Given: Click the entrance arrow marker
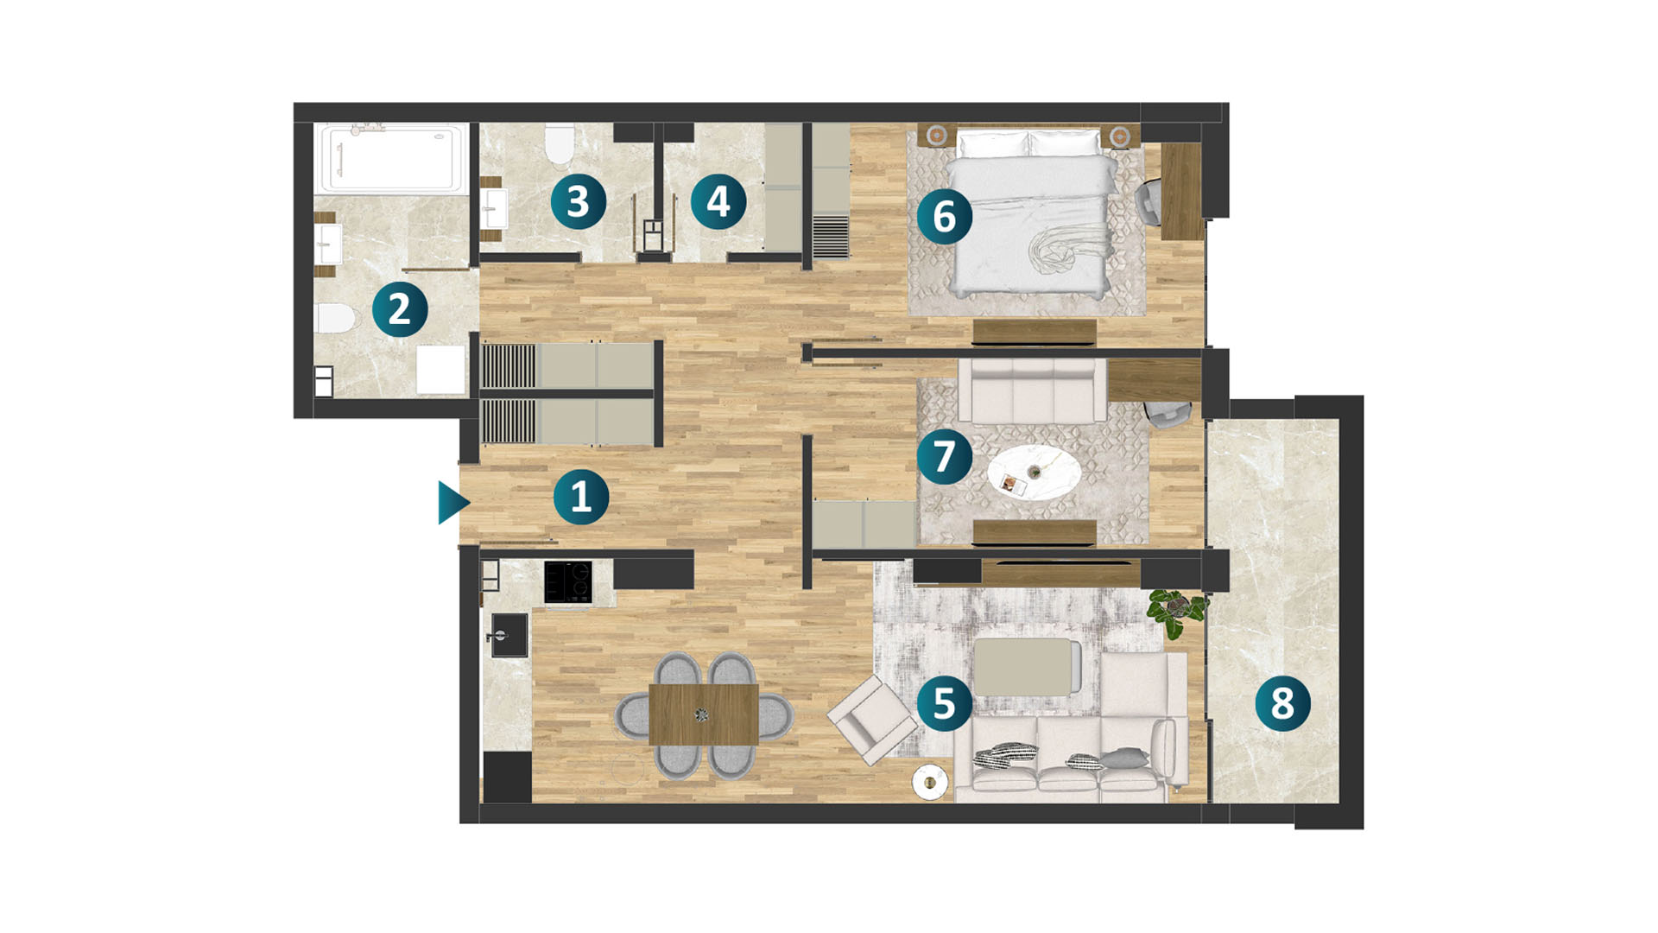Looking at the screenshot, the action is pyautogui.click(x=452, y=503).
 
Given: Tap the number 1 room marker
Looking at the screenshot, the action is pyautogui.click(x=581, y=497).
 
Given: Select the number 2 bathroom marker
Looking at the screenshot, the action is pyautogui.click(x=400, y=308).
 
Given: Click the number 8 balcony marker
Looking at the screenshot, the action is pyautogui.click(x=1282, y=703).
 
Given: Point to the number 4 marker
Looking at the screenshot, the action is pyautogui.click(x=718, y=201).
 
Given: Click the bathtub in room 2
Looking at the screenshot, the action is pyautogui.click(x=391, y=158).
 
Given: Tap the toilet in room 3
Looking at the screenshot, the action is pyautogui.click(x=560, y=143).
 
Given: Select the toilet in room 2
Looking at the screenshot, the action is pyautogui.click(x=335, y=318).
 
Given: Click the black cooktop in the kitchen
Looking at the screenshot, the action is pyautogui.click(x=568, y=581).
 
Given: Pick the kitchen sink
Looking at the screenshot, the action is pyautogui.click(x=509, y=636).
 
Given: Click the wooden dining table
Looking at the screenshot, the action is pyautogui.click(x=703, y=714).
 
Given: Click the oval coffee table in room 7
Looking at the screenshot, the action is pyautogui.click(x=1035, y=472).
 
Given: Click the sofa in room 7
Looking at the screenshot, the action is pyautogui.click(x=1032, y=390).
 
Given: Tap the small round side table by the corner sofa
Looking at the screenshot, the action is pyautogui.click(x=930, y=782).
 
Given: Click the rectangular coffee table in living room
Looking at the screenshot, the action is pyautogui.click(x=1027, y=667).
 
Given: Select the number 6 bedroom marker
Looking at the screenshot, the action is pyautogui.click(x=945, y=216).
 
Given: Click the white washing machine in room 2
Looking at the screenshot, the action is pyautogui.click(x=441, y=370).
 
